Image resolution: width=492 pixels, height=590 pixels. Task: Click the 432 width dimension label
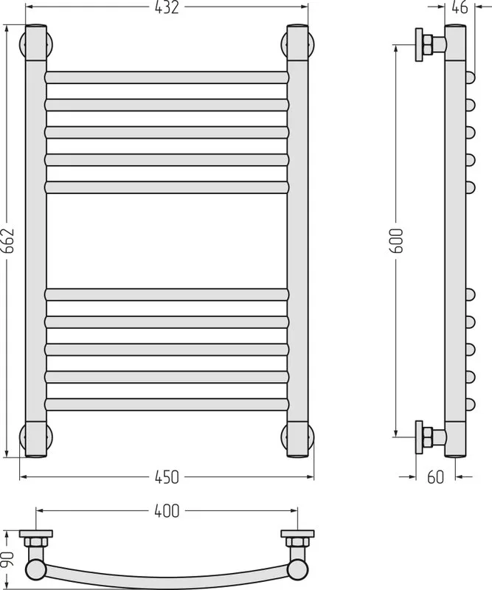167,7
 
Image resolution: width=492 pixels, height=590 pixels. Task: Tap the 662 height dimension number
7,241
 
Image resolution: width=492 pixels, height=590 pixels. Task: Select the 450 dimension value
167,477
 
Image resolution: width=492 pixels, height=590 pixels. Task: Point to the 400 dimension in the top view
167,511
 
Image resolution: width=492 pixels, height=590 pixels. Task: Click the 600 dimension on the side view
397,240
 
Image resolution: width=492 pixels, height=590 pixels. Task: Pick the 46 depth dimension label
460,7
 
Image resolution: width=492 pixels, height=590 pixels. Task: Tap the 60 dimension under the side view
435,477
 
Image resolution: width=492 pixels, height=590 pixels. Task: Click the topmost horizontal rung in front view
167,77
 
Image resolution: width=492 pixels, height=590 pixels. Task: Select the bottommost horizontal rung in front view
167,404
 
